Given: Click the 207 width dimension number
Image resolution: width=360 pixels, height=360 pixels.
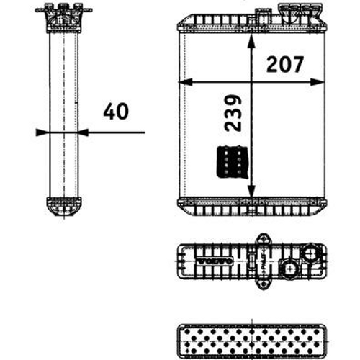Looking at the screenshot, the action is pyautogui.click(x=285, y=64).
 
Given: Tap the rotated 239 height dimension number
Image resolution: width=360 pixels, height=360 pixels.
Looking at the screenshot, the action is pyautogui.click(x=233, y=113).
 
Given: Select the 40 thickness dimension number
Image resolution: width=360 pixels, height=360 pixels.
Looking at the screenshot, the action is pyautogui.click(x=116, y=111).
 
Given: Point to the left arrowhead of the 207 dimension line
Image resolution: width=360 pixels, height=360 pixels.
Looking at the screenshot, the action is pyautogui.click(x=186, y=82).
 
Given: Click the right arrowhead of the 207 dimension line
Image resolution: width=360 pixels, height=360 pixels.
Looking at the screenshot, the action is pyautogui.click(x=318, y=82).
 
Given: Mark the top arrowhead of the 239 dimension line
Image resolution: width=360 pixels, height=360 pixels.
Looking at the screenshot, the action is pyautogui.click(x=251, y=41).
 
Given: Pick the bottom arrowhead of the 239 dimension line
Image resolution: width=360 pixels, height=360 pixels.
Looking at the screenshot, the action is pyautogui.click(x=251, y=191).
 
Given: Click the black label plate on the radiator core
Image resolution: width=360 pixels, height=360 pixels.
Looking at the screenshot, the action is pyautogui.click(x=233, y=162).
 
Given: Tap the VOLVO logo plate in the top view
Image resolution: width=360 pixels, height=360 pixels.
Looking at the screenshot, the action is pyautogui.click(x=215, y=261).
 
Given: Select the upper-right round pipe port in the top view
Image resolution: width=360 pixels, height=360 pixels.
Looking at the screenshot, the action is pyautogui.click(x=311, y=253).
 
